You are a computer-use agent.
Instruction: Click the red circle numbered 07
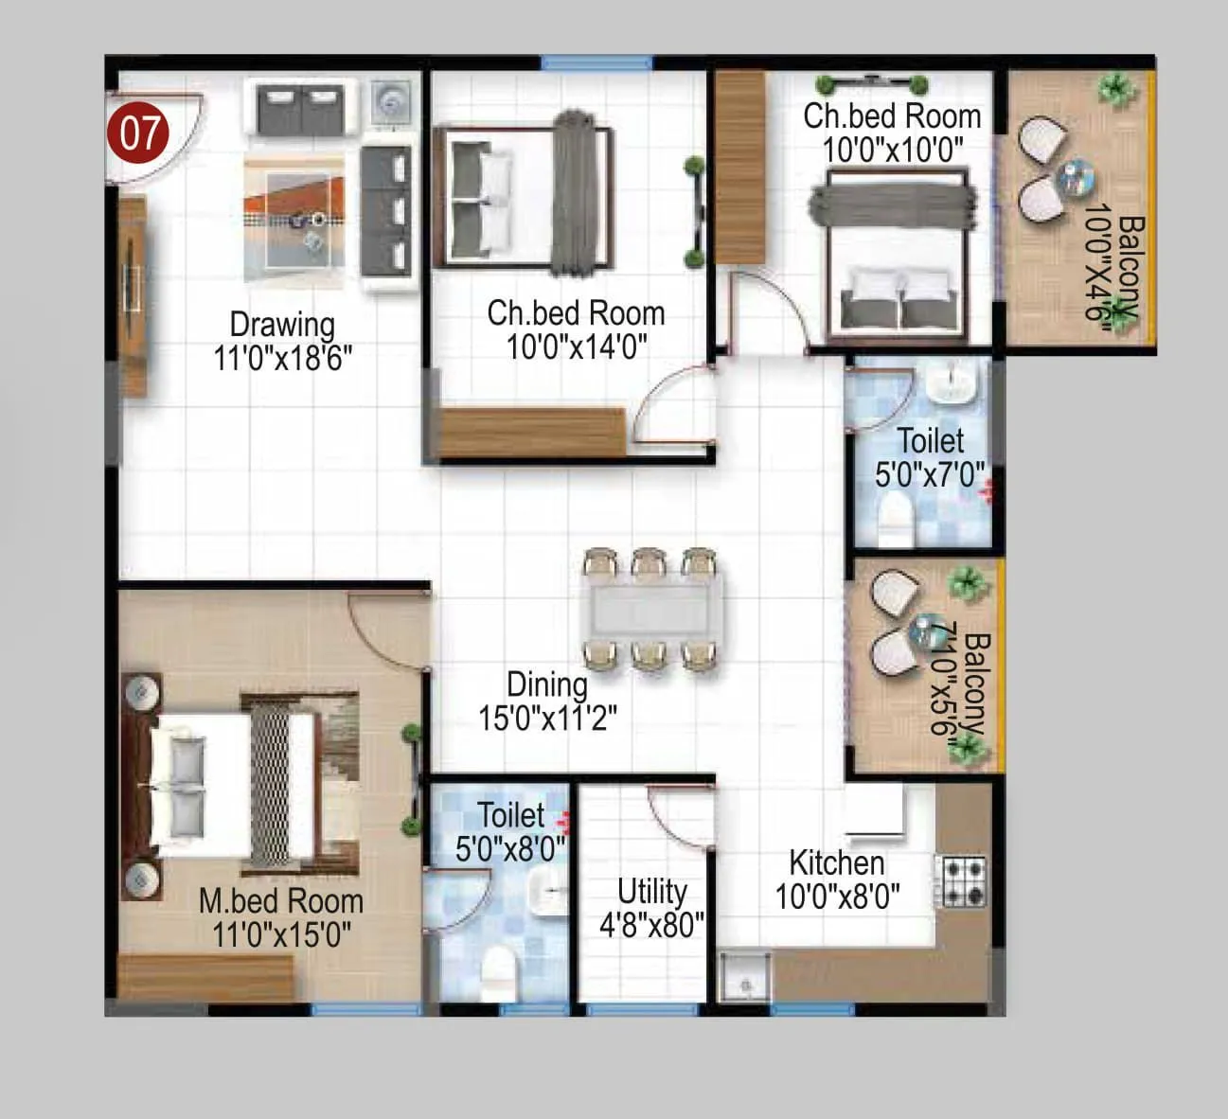[x=139, y=133]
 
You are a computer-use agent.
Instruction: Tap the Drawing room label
[x=282, y=325]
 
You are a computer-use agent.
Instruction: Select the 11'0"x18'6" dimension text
[x=282, y=359]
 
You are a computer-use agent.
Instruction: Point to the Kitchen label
[x=837, y=863]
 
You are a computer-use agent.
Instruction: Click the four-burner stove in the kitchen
[x=963, y=881]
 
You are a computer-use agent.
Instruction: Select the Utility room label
[x=651, y=892]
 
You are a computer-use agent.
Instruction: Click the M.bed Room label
[x=280, y=901]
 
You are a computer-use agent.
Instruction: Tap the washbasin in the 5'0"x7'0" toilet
[x=951, y=382]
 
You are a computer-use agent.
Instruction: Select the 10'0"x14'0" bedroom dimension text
[x=576, y=347]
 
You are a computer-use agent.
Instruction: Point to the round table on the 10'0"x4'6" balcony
[x=1077, y=177]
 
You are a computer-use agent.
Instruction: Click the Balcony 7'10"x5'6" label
[x=958, y=684]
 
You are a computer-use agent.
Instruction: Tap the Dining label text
[x=546, y=684]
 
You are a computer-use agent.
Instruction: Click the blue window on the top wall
[x=596, y=63]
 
